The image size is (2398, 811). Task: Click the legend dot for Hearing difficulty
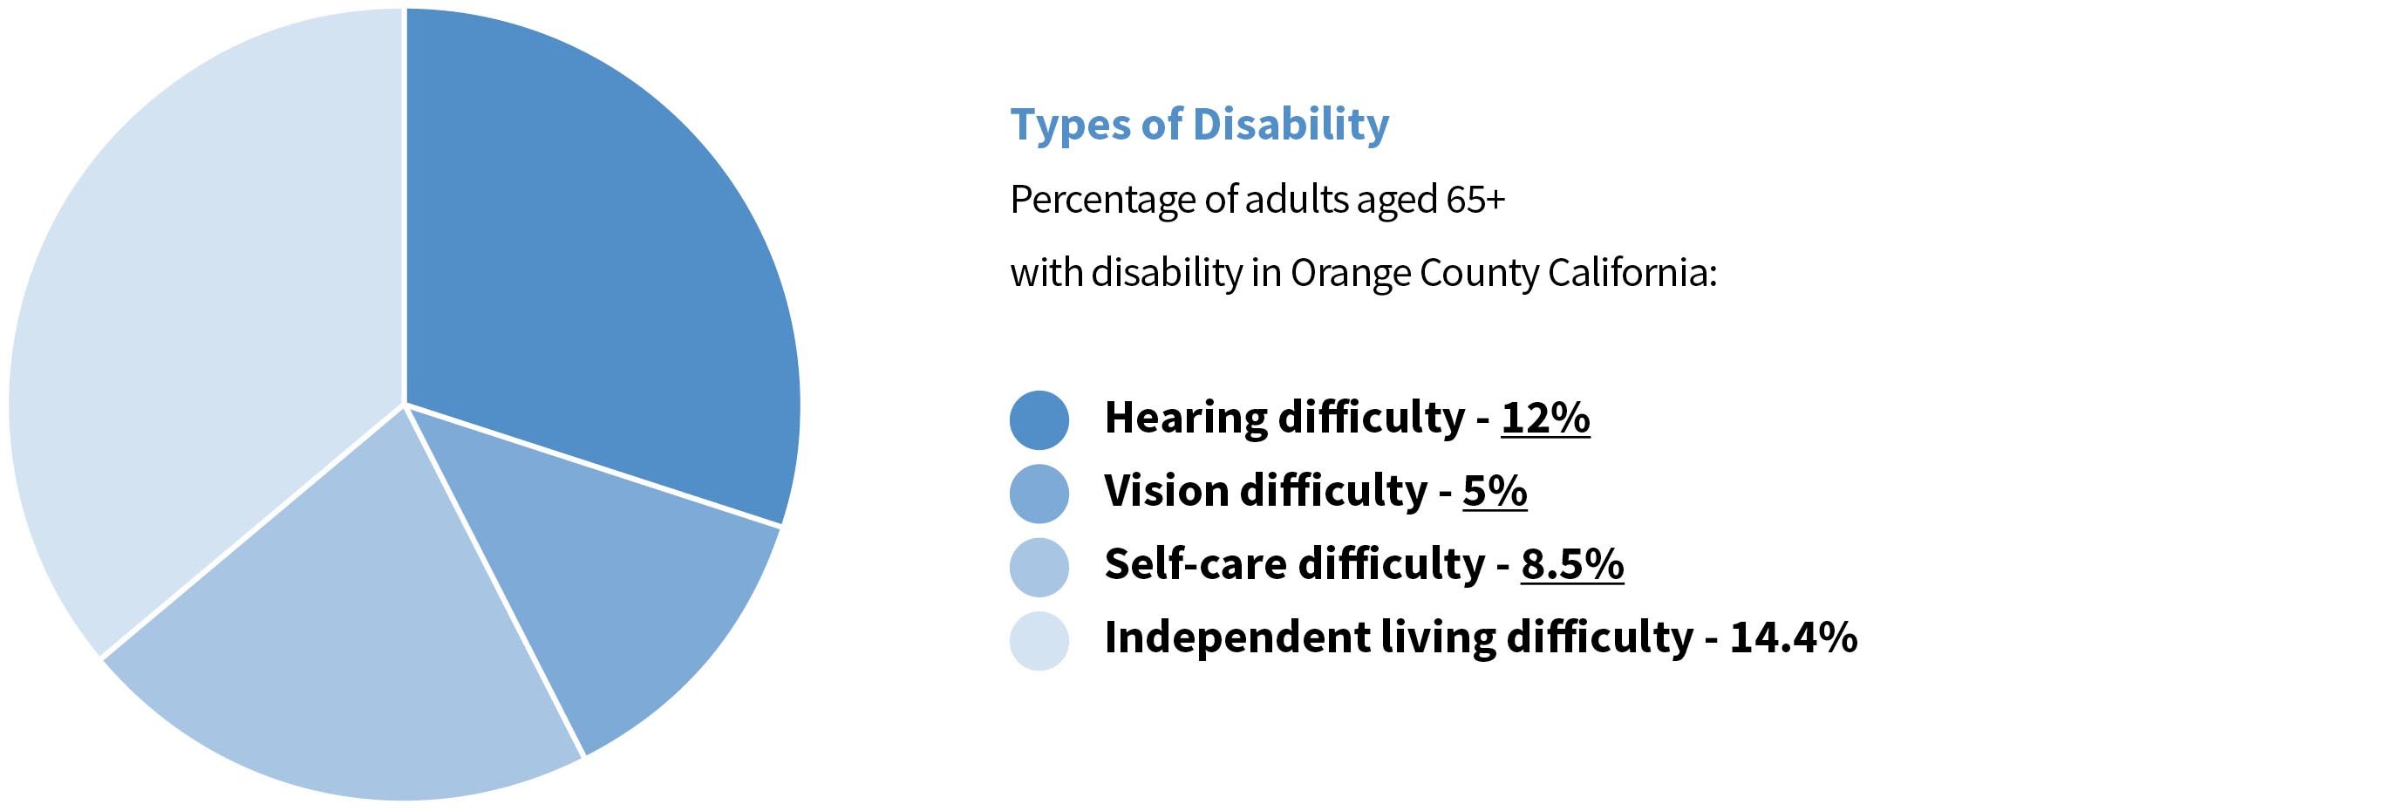point(1039,420)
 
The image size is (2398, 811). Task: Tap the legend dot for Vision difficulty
point(1039,494)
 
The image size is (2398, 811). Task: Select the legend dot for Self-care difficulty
point(1039,567)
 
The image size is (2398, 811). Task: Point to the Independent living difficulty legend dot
point(1039,641)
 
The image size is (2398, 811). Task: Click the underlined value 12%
point(1544,418)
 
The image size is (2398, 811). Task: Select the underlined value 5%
point(1494,492)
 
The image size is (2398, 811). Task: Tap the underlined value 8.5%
point(1571,565)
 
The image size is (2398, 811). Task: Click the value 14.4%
point(1793,638)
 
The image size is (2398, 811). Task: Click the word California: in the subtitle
point(1631,274)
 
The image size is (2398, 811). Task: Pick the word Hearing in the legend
point(1184,418)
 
